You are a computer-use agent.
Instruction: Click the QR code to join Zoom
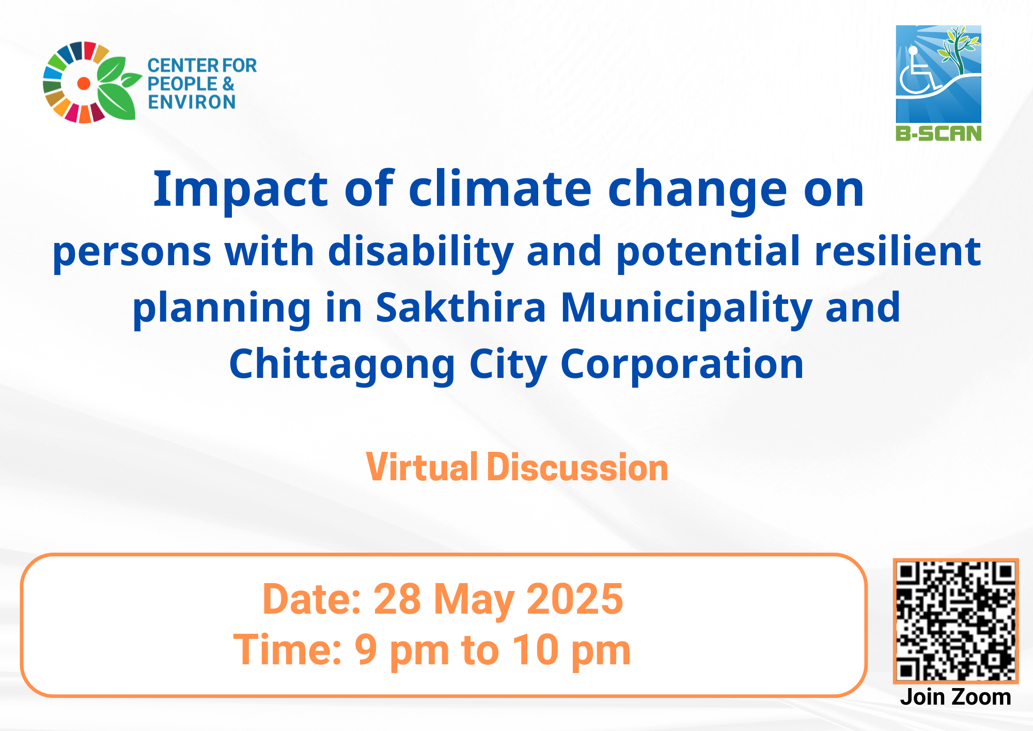(956, 621)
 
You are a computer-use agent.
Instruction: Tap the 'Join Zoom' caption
(956, 697)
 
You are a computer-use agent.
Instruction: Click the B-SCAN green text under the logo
(938, 133)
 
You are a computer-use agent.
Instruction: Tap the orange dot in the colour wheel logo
(84, 83)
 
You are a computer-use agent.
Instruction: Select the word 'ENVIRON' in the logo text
(192, 102)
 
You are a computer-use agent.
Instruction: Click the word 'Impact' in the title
(241, 190)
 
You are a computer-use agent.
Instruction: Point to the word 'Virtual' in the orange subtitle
(422, 467)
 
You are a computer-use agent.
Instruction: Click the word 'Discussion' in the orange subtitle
(577, 467)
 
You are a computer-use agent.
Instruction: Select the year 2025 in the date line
(575, 599)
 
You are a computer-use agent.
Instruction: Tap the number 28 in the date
(397, 599)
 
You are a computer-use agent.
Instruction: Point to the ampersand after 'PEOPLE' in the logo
(228, 84)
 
